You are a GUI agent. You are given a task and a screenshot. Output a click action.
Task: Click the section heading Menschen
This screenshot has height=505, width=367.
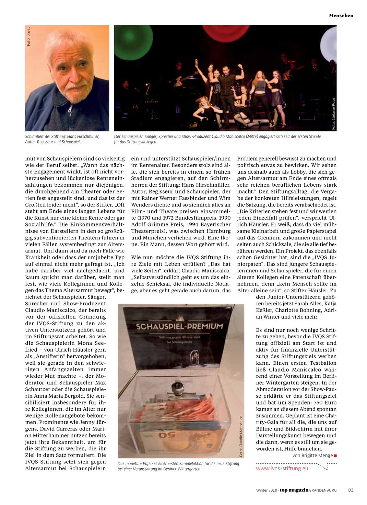point(341,15)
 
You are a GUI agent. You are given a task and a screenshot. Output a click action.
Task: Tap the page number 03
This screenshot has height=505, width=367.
point(351,490)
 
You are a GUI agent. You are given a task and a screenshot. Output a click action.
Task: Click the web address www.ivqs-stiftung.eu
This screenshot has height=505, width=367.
point(282,468)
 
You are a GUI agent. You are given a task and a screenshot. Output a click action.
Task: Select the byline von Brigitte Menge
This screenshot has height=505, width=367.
point(312,455)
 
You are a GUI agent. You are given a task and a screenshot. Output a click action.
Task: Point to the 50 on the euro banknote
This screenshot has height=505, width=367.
point(167,435)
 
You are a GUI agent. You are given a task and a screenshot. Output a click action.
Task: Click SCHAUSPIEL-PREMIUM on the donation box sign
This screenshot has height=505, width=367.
point(179,326)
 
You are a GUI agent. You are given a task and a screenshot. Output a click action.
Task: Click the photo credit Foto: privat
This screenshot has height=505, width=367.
point(29,36)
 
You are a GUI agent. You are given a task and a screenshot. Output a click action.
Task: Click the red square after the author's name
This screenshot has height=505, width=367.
point(335,456)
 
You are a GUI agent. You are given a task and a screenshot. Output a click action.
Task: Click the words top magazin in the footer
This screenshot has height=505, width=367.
point(294,490)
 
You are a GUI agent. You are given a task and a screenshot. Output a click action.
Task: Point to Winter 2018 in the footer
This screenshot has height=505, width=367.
point(267,490)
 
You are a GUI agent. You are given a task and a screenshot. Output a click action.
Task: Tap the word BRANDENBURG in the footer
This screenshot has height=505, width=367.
point(323,490)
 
